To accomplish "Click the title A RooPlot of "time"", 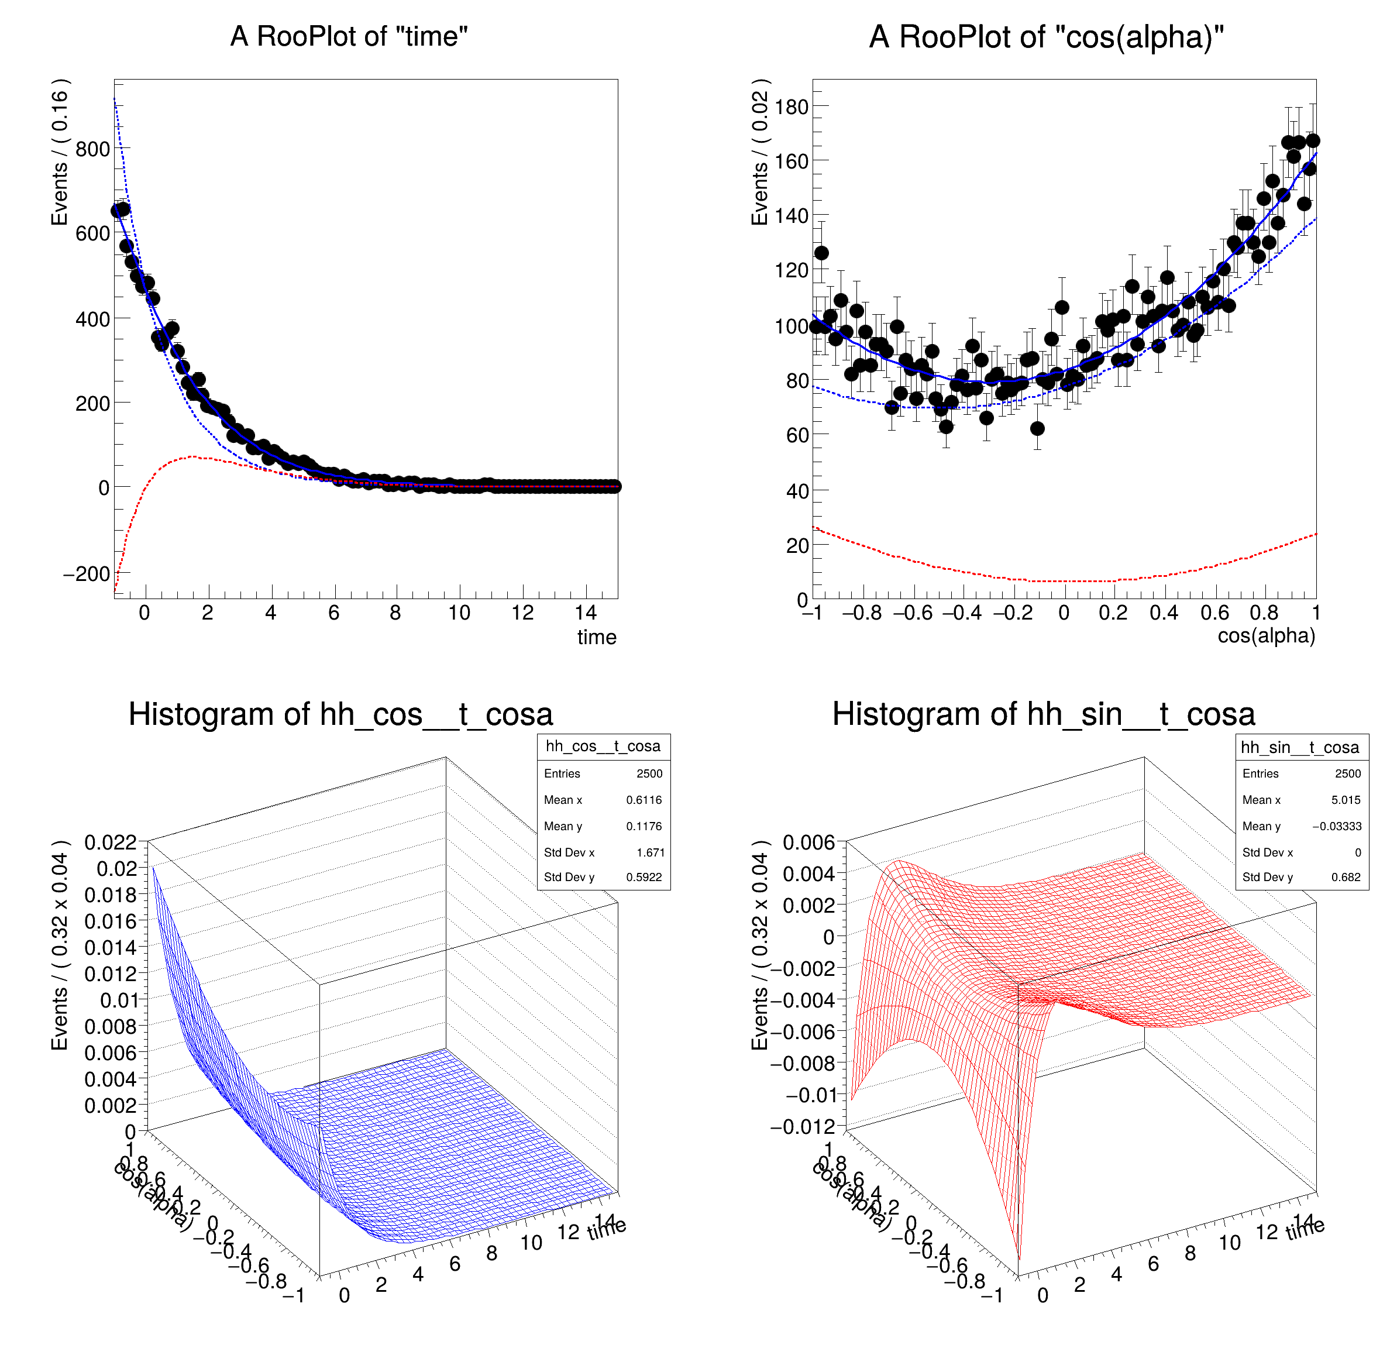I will [349, 36].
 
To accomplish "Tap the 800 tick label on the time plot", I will [92, 150].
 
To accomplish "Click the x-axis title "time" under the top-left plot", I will [597, 637].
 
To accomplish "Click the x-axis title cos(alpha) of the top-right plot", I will [1266, 636].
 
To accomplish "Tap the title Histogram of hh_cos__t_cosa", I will [340, 714].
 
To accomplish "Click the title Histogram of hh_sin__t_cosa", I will [1044, 714].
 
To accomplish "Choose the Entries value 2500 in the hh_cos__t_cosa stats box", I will [649, 773].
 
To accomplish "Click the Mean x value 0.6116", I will [644, 800].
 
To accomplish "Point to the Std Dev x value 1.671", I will [650, 852].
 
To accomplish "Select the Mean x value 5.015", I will [1346, 800].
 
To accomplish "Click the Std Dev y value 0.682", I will [1346, 878].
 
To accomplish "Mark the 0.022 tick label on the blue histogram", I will [111, 842].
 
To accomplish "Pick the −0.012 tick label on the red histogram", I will [803, 1127].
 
